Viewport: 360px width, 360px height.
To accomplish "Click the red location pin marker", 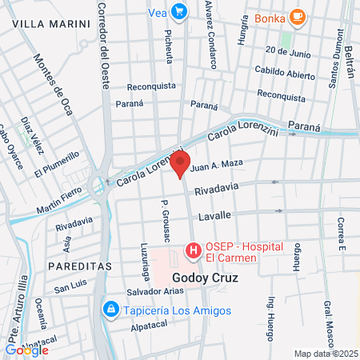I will click(180, 165).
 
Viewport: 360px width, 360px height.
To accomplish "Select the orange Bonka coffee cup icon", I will click(297, 17).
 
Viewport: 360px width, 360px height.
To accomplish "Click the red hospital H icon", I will click(193, 251).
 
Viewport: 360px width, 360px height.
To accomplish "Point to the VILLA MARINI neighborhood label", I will click(52, 24).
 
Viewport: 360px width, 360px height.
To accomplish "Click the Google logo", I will click(26, 350).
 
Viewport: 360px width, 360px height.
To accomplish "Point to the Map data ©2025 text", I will click(326, 354).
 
